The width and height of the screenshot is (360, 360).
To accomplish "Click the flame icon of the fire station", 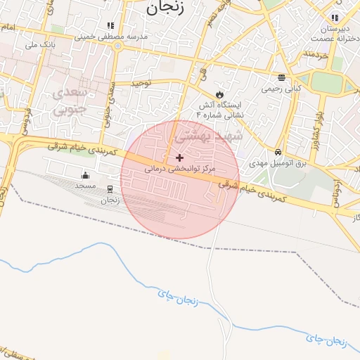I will point(219,94).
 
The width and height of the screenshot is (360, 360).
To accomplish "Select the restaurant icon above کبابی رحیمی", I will point(281,77).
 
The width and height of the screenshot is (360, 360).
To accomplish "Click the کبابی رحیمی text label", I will point(281,89).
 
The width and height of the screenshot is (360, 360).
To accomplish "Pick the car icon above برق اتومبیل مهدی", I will point(279,151).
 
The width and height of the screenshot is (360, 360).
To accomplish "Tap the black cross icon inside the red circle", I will point(180,157).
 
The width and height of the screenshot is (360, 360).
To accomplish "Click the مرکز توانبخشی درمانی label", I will point(181,169).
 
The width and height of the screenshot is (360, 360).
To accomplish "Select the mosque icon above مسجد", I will point(86,175).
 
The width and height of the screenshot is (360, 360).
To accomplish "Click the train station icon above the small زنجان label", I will point(110,189).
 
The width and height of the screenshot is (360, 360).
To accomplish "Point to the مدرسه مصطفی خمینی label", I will point(112,35).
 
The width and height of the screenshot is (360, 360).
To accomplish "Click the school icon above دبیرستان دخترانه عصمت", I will point(335,18).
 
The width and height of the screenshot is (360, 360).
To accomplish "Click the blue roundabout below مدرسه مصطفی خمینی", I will point(117,46).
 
